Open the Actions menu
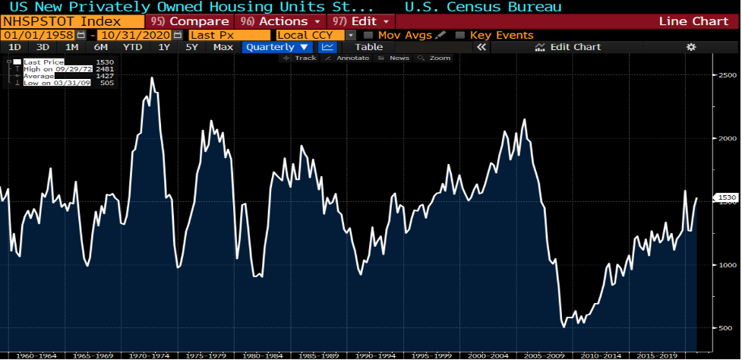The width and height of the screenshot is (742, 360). coord(279,21)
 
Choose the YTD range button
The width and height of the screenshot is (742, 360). coord(132,47)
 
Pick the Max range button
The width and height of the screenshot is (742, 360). coord(223,47)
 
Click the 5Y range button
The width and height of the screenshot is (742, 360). coord(192,47)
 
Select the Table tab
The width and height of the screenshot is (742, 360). coord(369,47)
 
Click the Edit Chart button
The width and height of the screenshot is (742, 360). coord(568,47)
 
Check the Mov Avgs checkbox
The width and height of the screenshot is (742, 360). coord(368,35)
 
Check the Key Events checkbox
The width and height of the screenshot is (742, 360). coord(460,35)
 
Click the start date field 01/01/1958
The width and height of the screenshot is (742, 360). coord(38,35)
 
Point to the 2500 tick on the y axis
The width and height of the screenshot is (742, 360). coord(728,75)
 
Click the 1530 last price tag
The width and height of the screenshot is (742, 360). coord(727,198)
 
